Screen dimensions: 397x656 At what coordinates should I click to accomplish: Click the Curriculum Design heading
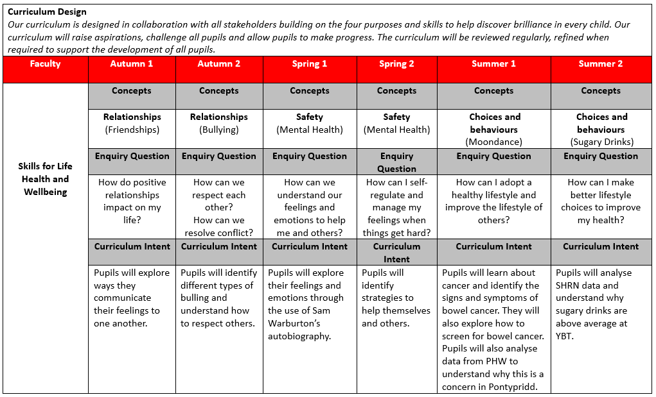click(x=47, y=12)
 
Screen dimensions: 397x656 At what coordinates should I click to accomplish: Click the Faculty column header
click(x=45, y=64)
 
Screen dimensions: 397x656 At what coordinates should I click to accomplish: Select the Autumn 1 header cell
click(x=132, y=64)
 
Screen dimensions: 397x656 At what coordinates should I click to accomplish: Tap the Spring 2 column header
click(x=396, y=64)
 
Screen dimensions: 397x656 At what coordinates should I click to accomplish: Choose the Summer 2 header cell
click(x=601, y=64)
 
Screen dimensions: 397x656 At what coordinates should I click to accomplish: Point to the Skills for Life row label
click(x=45, y=167)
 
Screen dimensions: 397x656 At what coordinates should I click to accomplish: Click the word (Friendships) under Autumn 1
click(x=132, y=130)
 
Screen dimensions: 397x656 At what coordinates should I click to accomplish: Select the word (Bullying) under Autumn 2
click(x=218, y=130)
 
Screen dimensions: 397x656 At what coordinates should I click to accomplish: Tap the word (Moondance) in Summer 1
click(x=493, y=142)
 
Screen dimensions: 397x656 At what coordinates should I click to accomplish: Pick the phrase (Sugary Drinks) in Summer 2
click(x=601, y=142)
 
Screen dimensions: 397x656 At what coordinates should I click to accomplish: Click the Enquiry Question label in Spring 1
click(x=310, y=156)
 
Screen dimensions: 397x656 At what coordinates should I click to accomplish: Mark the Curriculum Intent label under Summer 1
click(x=493, y=246)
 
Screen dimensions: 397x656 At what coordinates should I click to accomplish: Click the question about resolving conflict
click(x=218, y=226)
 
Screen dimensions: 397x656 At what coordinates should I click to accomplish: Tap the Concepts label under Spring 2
click(x=396, y=90)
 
